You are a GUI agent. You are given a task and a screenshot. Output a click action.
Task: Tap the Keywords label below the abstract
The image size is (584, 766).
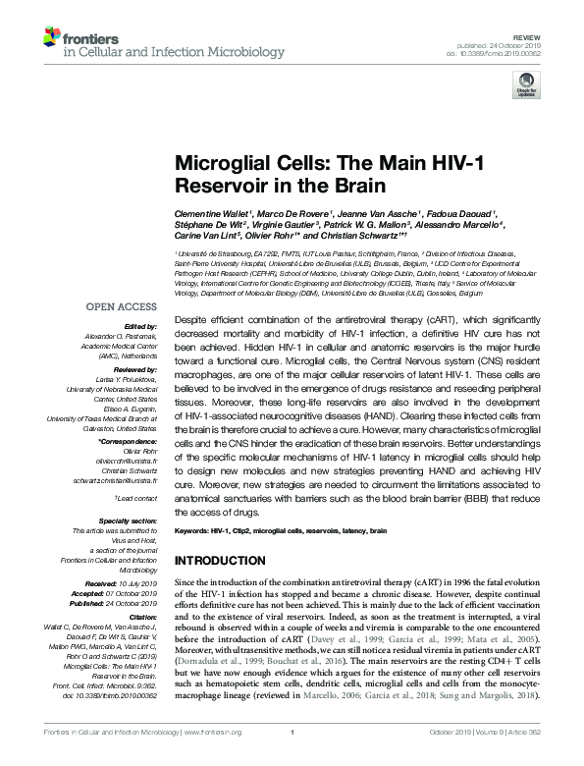[193, 530]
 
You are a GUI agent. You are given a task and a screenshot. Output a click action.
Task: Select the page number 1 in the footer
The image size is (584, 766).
[292, 759]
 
